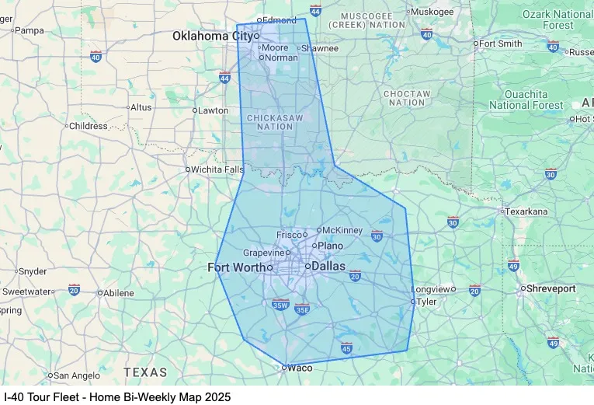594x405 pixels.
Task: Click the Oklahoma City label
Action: (212, 36)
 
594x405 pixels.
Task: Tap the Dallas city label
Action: (328, 266)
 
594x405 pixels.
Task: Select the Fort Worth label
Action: (236, 267)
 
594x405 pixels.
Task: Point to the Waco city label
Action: (300, 368)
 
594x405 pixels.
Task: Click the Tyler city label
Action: (426, 302)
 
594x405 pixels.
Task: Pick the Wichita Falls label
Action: (217, 169)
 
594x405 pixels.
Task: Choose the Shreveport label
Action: (551, 288)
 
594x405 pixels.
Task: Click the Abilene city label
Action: (118, 293)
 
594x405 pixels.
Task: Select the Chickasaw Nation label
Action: (269, 121)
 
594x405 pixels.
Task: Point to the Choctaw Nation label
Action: (406, 98)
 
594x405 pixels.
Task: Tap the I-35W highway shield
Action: (280, 304)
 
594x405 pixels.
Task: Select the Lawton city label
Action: (213, 110)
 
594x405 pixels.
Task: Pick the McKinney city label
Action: (342, 230)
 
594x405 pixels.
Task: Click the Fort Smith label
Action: (501, 44)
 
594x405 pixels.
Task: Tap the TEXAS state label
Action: (145, 372)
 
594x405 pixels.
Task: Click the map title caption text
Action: (117, 396)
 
